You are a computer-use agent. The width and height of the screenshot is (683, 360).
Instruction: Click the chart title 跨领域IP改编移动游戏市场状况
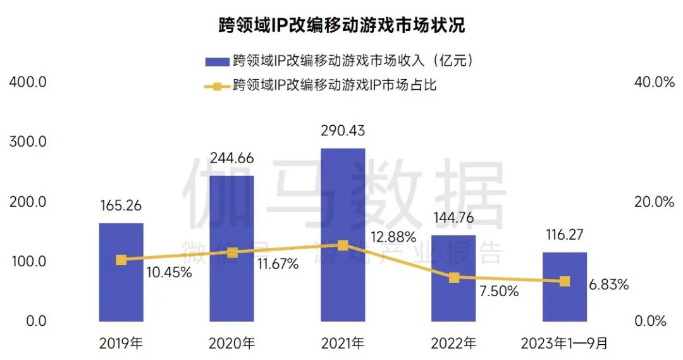341,26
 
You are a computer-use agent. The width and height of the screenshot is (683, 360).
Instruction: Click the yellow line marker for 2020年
232,252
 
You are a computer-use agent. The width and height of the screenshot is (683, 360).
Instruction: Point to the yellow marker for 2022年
453,278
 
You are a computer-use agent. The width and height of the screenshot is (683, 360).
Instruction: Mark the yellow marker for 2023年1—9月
564,281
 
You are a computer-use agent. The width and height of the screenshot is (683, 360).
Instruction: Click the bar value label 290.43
343,131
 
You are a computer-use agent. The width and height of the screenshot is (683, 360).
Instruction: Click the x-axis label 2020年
232,344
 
